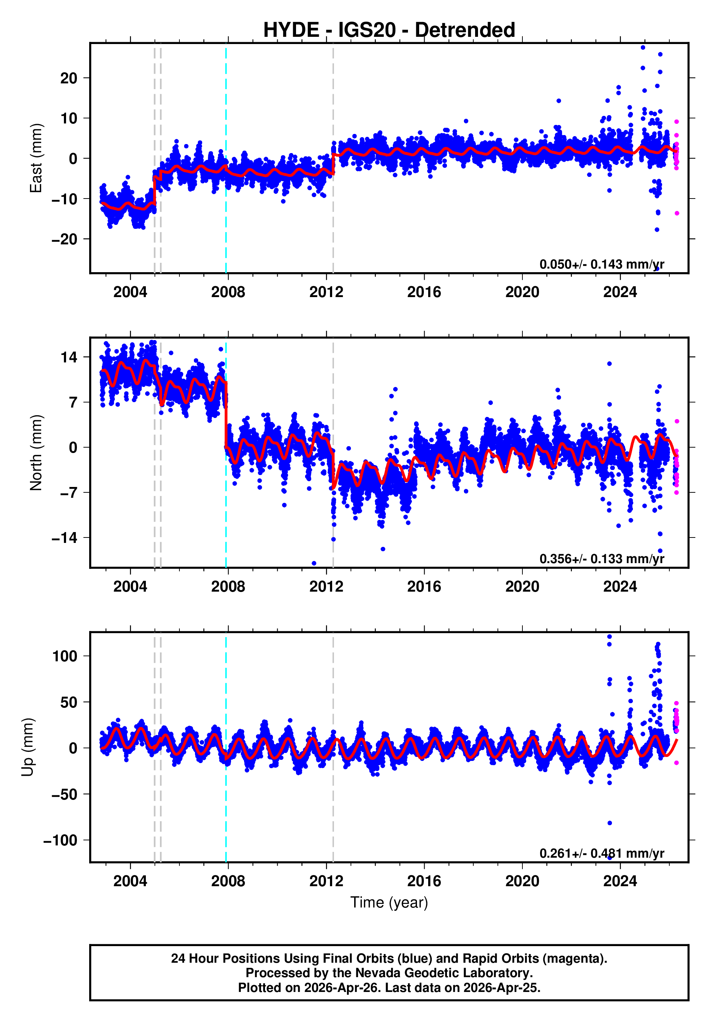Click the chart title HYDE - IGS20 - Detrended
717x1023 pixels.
tap(389, 30)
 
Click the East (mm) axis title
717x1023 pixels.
tap(36, 158)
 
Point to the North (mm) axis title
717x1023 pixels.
tap(36, 453)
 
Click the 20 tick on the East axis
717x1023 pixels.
tap(69, 78)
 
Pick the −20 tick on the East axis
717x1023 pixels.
tap(64, 239)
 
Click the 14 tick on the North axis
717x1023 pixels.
tap(69, 357)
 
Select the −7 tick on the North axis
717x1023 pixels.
tap(64, 493)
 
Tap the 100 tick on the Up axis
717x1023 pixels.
tap(65, 656)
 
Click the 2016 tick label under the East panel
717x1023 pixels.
tap(424, 292)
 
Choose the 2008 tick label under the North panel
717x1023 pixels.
tap(228, 587)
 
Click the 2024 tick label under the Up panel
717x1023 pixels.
tap(620, 881)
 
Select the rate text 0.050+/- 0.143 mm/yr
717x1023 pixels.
tap(601, 264)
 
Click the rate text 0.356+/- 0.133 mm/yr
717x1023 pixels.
tap(601, 559)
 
